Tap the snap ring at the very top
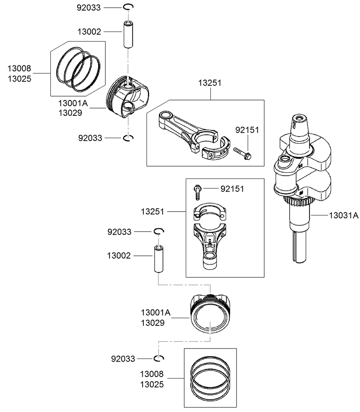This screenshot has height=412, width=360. (x=128, y=7)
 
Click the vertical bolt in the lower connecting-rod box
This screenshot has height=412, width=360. (x=197, y=191)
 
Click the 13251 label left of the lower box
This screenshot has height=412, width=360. (x=152, y=212)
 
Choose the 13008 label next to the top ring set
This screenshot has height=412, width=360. (x=19, y=69)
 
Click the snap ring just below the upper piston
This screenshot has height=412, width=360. (x=129, y=138)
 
